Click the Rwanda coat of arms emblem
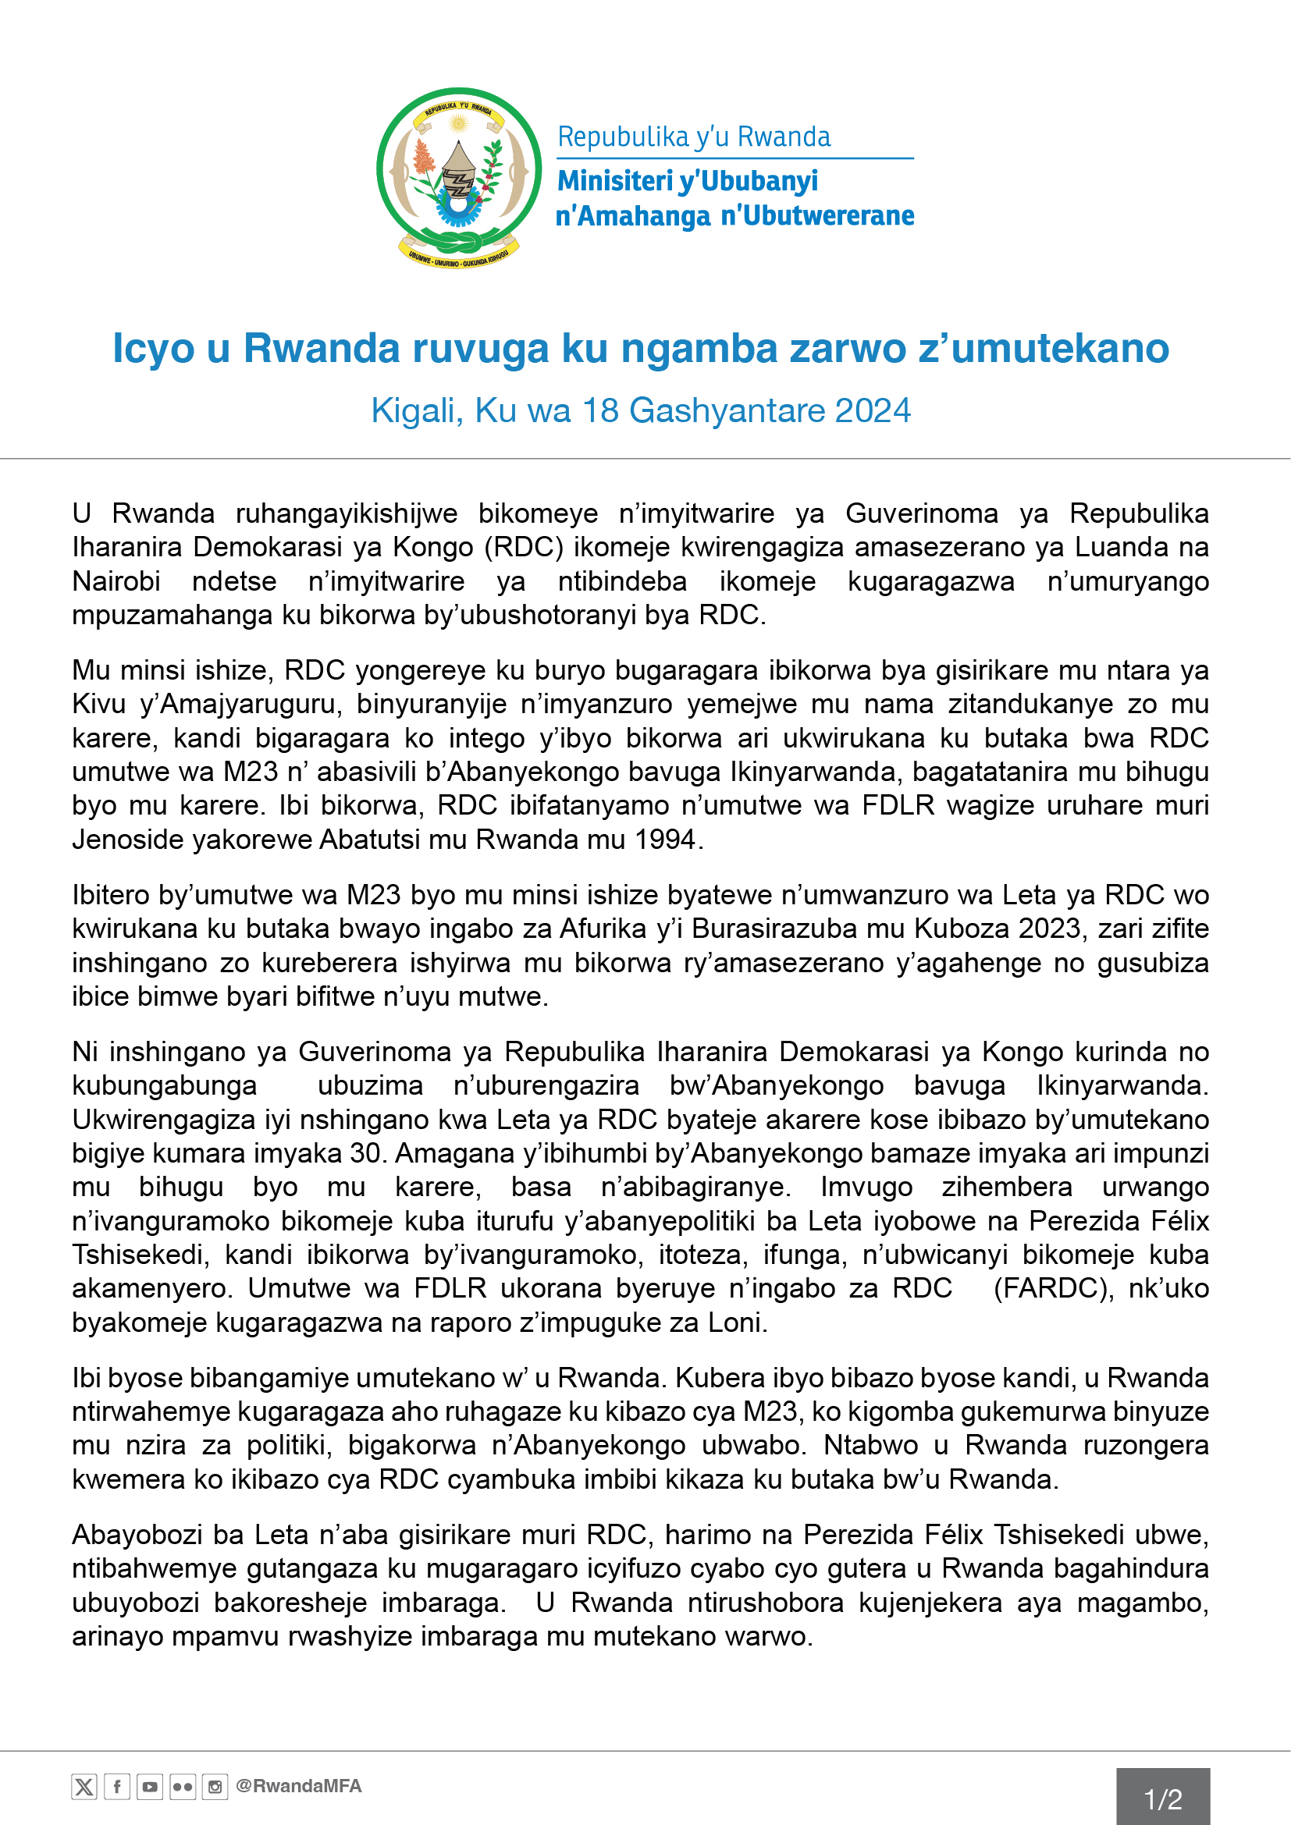(459, 176)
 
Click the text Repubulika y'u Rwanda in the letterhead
(693, 137)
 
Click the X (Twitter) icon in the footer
(84, 1788)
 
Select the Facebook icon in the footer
(117, 1788)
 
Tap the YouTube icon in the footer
(149, 1788)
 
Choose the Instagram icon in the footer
(215, 1788)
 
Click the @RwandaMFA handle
(298, 1787)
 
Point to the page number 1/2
(1162, 1799)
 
